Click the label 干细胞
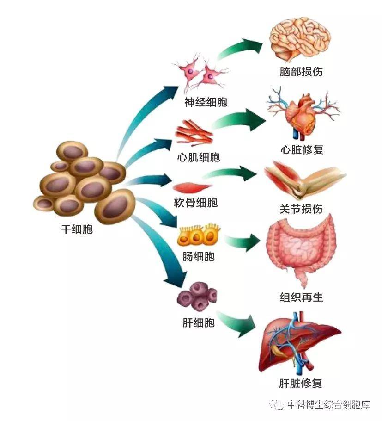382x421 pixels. coord(77,229)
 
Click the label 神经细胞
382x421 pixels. coord(206,102)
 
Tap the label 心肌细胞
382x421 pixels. coord(199,157)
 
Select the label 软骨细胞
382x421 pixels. coord(195,203)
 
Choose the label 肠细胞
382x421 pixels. coord(199,256)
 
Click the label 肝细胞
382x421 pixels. coord(199,322)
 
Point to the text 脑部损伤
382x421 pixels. coord(301,72)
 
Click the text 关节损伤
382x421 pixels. coord(301,209)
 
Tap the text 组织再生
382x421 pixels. coord(302,297)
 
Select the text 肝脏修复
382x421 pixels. coord(301,383)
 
